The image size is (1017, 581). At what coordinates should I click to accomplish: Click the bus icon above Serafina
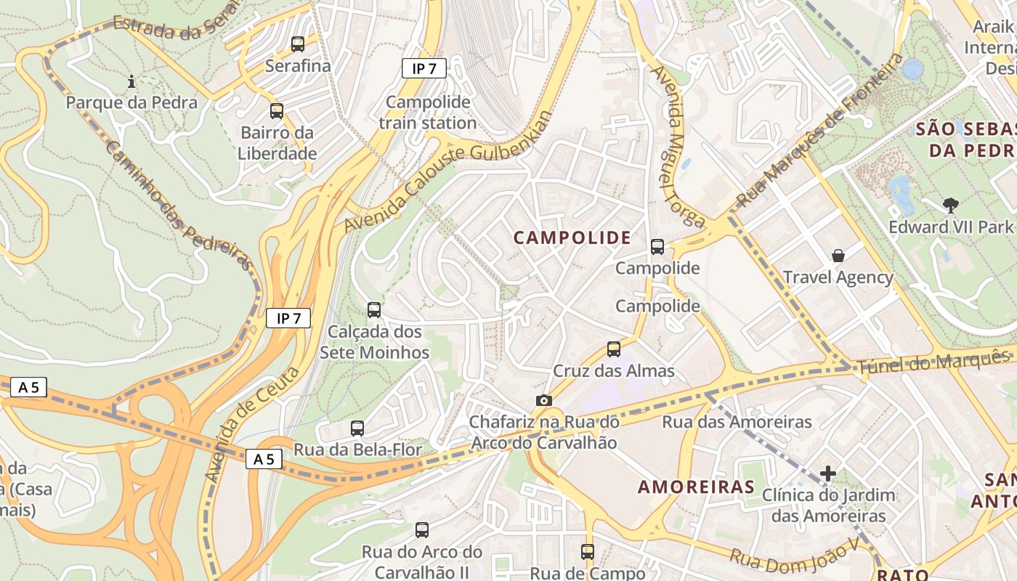pos(298,44)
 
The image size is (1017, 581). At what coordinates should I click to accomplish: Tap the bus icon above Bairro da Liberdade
pos(276,111)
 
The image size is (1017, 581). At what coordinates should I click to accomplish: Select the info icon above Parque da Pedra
pos(131,81)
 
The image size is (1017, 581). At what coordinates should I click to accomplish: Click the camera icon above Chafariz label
pos(543,400)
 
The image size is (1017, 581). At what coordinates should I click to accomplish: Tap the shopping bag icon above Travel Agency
pos(838,256)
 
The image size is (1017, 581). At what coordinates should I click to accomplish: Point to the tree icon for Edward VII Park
pos(950,206)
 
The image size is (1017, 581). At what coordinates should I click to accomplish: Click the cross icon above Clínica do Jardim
pos(827,474)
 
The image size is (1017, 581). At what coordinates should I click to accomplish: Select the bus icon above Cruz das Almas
pos(614,349)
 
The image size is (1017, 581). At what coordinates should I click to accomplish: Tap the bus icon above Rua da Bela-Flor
pos(357,428)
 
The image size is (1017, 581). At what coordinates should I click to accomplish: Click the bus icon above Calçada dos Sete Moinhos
pos(374,310)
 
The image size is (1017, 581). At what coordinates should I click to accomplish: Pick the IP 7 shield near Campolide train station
pos(424,68)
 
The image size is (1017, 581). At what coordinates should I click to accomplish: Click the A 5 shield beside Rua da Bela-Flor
pos(264,459)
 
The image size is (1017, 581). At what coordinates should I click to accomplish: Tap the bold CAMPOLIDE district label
pos(572,237)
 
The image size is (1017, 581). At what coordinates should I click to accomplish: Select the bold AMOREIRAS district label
pos(696,487)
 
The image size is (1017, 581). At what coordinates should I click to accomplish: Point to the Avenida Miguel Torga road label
pos(677,145)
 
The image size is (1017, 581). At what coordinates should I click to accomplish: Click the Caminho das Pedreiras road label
pos(178,206)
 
